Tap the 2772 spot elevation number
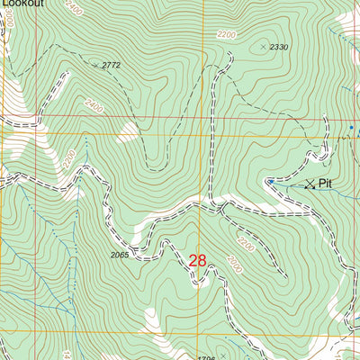click(111, 66)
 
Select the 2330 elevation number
click(278, 47)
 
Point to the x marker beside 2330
click(263, 45)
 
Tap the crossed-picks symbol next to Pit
click(310, 184)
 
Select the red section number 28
click(198, 260)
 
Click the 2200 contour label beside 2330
click(227, 35)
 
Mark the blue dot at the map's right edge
click(351, 128)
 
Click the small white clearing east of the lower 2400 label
click(129, 133)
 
